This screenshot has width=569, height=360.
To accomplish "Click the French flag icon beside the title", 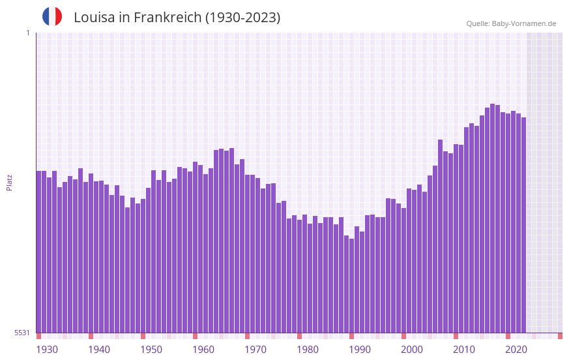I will point(52,17).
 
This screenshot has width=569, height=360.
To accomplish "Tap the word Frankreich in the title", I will point(167,18).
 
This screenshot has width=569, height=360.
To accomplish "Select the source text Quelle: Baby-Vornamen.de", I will point(511,23).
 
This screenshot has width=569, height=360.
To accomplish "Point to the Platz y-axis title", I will point(9,182).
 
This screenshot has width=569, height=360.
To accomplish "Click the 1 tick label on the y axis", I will point(27,33).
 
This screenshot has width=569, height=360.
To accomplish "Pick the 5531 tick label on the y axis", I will point(22,333).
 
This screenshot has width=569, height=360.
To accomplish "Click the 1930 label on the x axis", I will point(47,350).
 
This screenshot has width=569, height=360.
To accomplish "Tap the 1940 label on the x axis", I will point(99,350).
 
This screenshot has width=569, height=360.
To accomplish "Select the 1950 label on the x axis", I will point(151,350).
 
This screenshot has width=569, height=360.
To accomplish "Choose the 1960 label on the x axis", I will point(203,350).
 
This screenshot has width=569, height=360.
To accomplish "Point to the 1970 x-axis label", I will point(255,350).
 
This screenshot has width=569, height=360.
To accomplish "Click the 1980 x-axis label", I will point(308,350).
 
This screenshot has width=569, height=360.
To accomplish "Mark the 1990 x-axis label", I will point(360,350).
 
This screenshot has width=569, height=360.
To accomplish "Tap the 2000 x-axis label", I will point(412,350).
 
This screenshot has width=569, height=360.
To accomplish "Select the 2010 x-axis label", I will point(464,350).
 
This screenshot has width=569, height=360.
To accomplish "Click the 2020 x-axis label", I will point(516,350).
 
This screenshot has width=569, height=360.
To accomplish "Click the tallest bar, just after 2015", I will point(492,218).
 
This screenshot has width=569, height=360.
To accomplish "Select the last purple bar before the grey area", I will point(523,225).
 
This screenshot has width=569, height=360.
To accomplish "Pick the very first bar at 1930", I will point(38,252).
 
